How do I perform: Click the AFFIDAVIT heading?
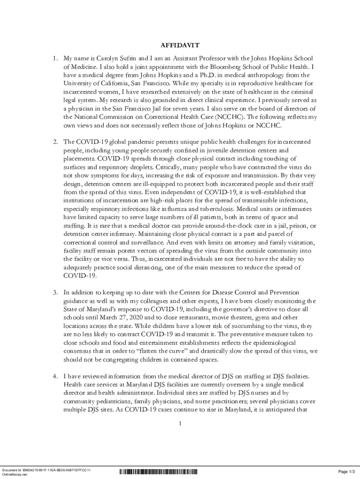180,45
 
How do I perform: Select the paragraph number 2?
55,141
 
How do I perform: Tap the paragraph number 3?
55,292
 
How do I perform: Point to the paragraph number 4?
55,376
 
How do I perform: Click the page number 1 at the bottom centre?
180,424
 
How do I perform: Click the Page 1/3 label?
347,471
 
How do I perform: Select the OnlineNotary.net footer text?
15,474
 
